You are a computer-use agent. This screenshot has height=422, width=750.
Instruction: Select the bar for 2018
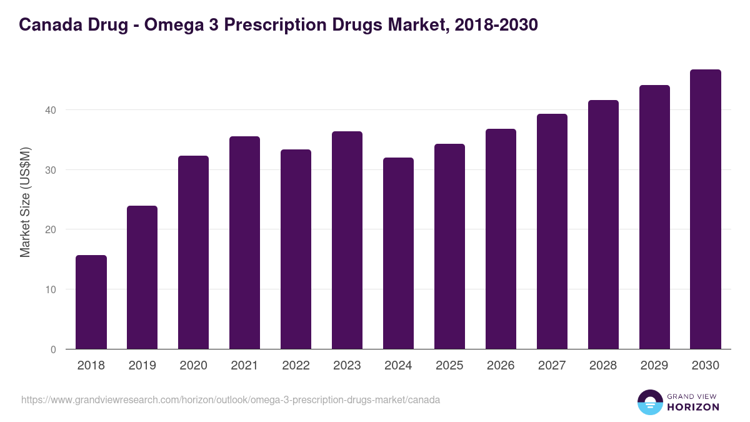point(91,302)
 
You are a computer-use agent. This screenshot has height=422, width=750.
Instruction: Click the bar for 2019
point(142,278)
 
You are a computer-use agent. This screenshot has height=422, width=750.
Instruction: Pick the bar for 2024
point(398,253)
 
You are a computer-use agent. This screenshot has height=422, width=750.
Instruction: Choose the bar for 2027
point(552,231)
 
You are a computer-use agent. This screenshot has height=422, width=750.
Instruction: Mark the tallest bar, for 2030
point(706,209)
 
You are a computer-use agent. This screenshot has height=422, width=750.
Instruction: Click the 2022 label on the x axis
point(296,366)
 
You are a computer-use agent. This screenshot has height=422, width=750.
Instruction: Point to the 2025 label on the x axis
point(449,366)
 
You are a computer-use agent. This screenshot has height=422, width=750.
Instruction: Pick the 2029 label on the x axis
point(654,366)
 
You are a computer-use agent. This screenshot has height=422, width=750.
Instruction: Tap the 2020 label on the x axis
point(193,366)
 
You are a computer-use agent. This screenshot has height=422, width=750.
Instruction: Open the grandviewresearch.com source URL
point(231,399)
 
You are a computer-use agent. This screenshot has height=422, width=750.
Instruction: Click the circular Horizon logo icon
point(650,402)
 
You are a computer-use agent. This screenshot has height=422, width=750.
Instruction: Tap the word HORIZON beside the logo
point(694,407)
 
